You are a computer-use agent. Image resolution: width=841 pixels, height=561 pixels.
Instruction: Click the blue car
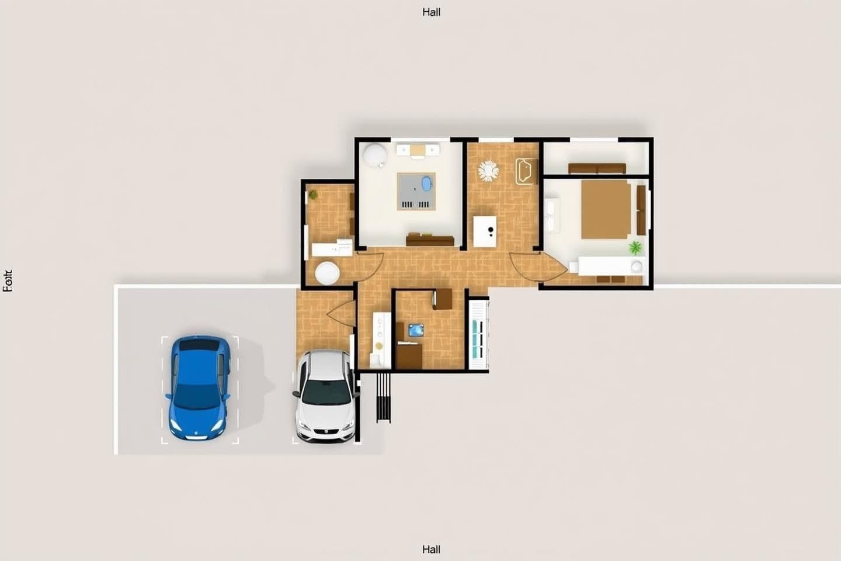coord(199,387)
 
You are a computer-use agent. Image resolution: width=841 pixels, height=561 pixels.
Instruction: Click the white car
coord(325,396)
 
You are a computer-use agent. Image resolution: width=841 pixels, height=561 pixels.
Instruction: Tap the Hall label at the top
coord(431,12)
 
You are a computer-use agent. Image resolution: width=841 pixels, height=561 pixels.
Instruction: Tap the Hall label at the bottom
coord(431,549)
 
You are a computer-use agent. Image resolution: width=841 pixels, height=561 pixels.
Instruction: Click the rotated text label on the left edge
coord(8,281)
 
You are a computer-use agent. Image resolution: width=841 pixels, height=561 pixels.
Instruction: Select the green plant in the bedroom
coord(635,247)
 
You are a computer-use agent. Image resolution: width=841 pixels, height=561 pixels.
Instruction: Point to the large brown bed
coord(606,209)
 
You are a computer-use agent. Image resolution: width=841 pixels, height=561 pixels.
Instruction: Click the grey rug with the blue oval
coord(417,191)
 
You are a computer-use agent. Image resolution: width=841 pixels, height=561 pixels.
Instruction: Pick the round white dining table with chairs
coord(488,171)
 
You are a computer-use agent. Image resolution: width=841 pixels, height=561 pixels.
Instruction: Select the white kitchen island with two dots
coord(485,231)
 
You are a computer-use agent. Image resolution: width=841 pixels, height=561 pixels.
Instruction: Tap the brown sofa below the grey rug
coord(430,240)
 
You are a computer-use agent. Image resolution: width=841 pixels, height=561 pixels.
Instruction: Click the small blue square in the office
coord(416,330)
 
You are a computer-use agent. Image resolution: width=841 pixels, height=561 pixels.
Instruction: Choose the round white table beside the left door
coord(327,273)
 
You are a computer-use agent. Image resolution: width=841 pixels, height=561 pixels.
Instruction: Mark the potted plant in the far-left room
coord(314,195)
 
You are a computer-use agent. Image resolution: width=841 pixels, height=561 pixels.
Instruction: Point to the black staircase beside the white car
coord(383,397)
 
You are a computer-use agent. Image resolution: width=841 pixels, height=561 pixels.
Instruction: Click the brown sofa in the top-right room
coord(597,168)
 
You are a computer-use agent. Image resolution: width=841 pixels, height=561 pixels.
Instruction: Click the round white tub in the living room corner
coord(374,155)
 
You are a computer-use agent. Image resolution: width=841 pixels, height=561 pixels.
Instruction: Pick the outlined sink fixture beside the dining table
coord(525,171)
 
